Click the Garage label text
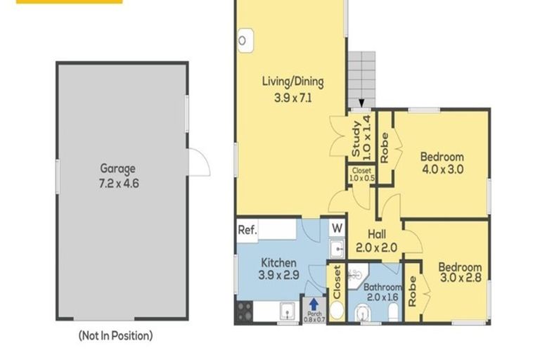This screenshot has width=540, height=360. (x=117, y=169)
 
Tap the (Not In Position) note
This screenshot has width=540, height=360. (x=115, y=336)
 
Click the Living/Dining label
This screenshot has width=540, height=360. (x=292, y=82)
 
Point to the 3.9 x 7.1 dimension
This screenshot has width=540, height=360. (x=292, y=98)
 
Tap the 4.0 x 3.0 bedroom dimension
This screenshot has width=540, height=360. (x=442, y=169)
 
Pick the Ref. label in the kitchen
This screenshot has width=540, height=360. (x=247, y=229)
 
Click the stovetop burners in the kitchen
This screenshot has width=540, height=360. (x=244, y=311)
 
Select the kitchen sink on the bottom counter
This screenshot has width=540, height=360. (x=288, y=311)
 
